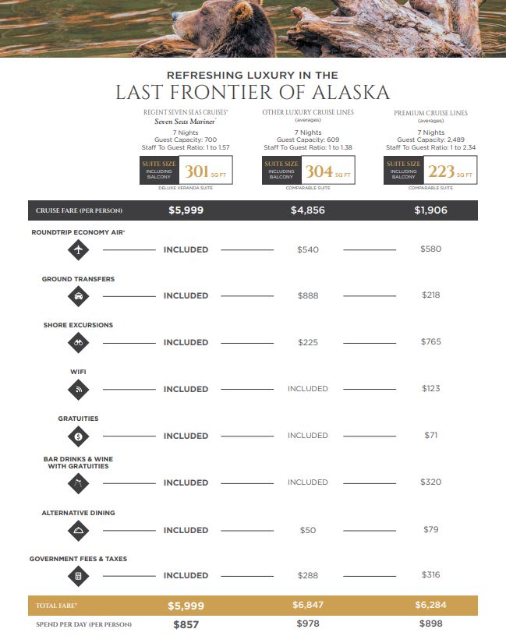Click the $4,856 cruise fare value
308,210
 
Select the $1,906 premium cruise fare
430,210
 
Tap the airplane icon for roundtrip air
79,249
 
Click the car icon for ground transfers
79,296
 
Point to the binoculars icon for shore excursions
79,342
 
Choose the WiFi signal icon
79,389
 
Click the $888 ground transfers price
308,296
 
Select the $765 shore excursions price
430,342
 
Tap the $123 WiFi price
430,389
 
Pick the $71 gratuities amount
430,436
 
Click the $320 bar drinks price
430,482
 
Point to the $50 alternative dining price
308,530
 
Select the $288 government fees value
308,575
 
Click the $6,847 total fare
308,606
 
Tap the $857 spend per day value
186,625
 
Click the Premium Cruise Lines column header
430,113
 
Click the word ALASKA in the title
349,93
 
